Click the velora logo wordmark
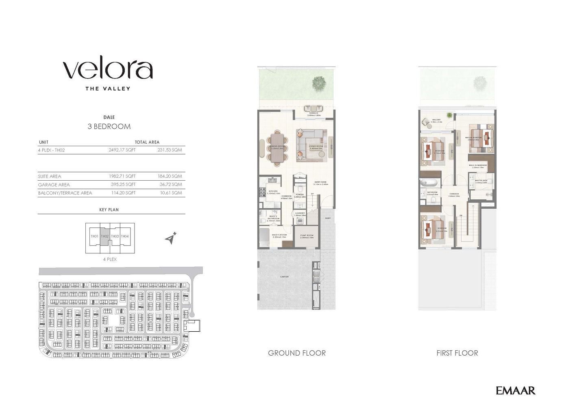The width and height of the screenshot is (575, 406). pos(108,70)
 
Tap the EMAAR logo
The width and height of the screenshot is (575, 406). pos(515,391)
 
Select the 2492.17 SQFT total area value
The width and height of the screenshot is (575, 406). pos(122,150)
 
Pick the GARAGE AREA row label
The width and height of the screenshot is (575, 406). pos(54,185)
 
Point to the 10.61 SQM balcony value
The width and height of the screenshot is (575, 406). pos(171,193)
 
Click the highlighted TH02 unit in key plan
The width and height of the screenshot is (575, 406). pos(105,236)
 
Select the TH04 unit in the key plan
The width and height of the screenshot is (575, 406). pos(125,236)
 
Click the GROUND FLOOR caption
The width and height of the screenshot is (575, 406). pos(297,353)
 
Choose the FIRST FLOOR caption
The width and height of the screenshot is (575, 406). pos(457,353)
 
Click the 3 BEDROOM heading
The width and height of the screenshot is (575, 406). pos(109,126)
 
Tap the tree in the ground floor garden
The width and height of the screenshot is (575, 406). pos(319,83)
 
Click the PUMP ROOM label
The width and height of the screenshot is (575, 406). pos(307,236)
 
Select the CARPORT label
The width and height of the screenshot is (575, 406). pos(284,277)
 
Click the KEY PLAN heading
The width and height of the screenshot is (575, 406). pos(109,209)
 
